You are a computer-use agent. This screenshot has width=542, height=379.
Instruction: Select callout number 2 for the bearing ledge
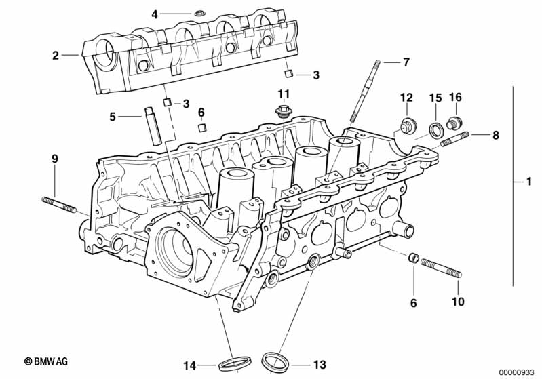(56, 56)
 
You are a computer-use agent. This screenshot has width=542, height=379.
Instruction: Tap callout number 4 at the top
(155, 14)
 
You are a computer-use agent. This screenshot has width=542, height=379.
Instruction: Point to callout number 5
(113, 117)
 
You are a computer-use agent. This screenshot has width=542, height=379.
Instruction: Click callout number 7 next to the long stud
(406, 62)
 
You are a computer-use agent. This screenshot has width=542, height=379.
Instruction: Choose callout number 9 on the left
(55, 159)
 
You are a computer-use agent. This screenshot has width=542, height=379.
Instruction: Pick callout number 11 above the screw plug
(283, 93)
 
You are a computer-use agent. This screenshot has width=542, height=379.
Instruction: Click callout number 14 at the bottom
(191, 365)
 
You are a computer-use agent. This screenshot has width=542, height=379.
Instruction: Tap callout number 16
(455, 98)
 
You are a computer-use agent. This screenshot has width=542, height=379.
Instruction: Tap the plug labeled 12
(407, 126)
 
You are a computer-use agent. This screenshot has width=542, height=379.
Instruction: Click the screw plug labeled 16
(454, 124)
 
